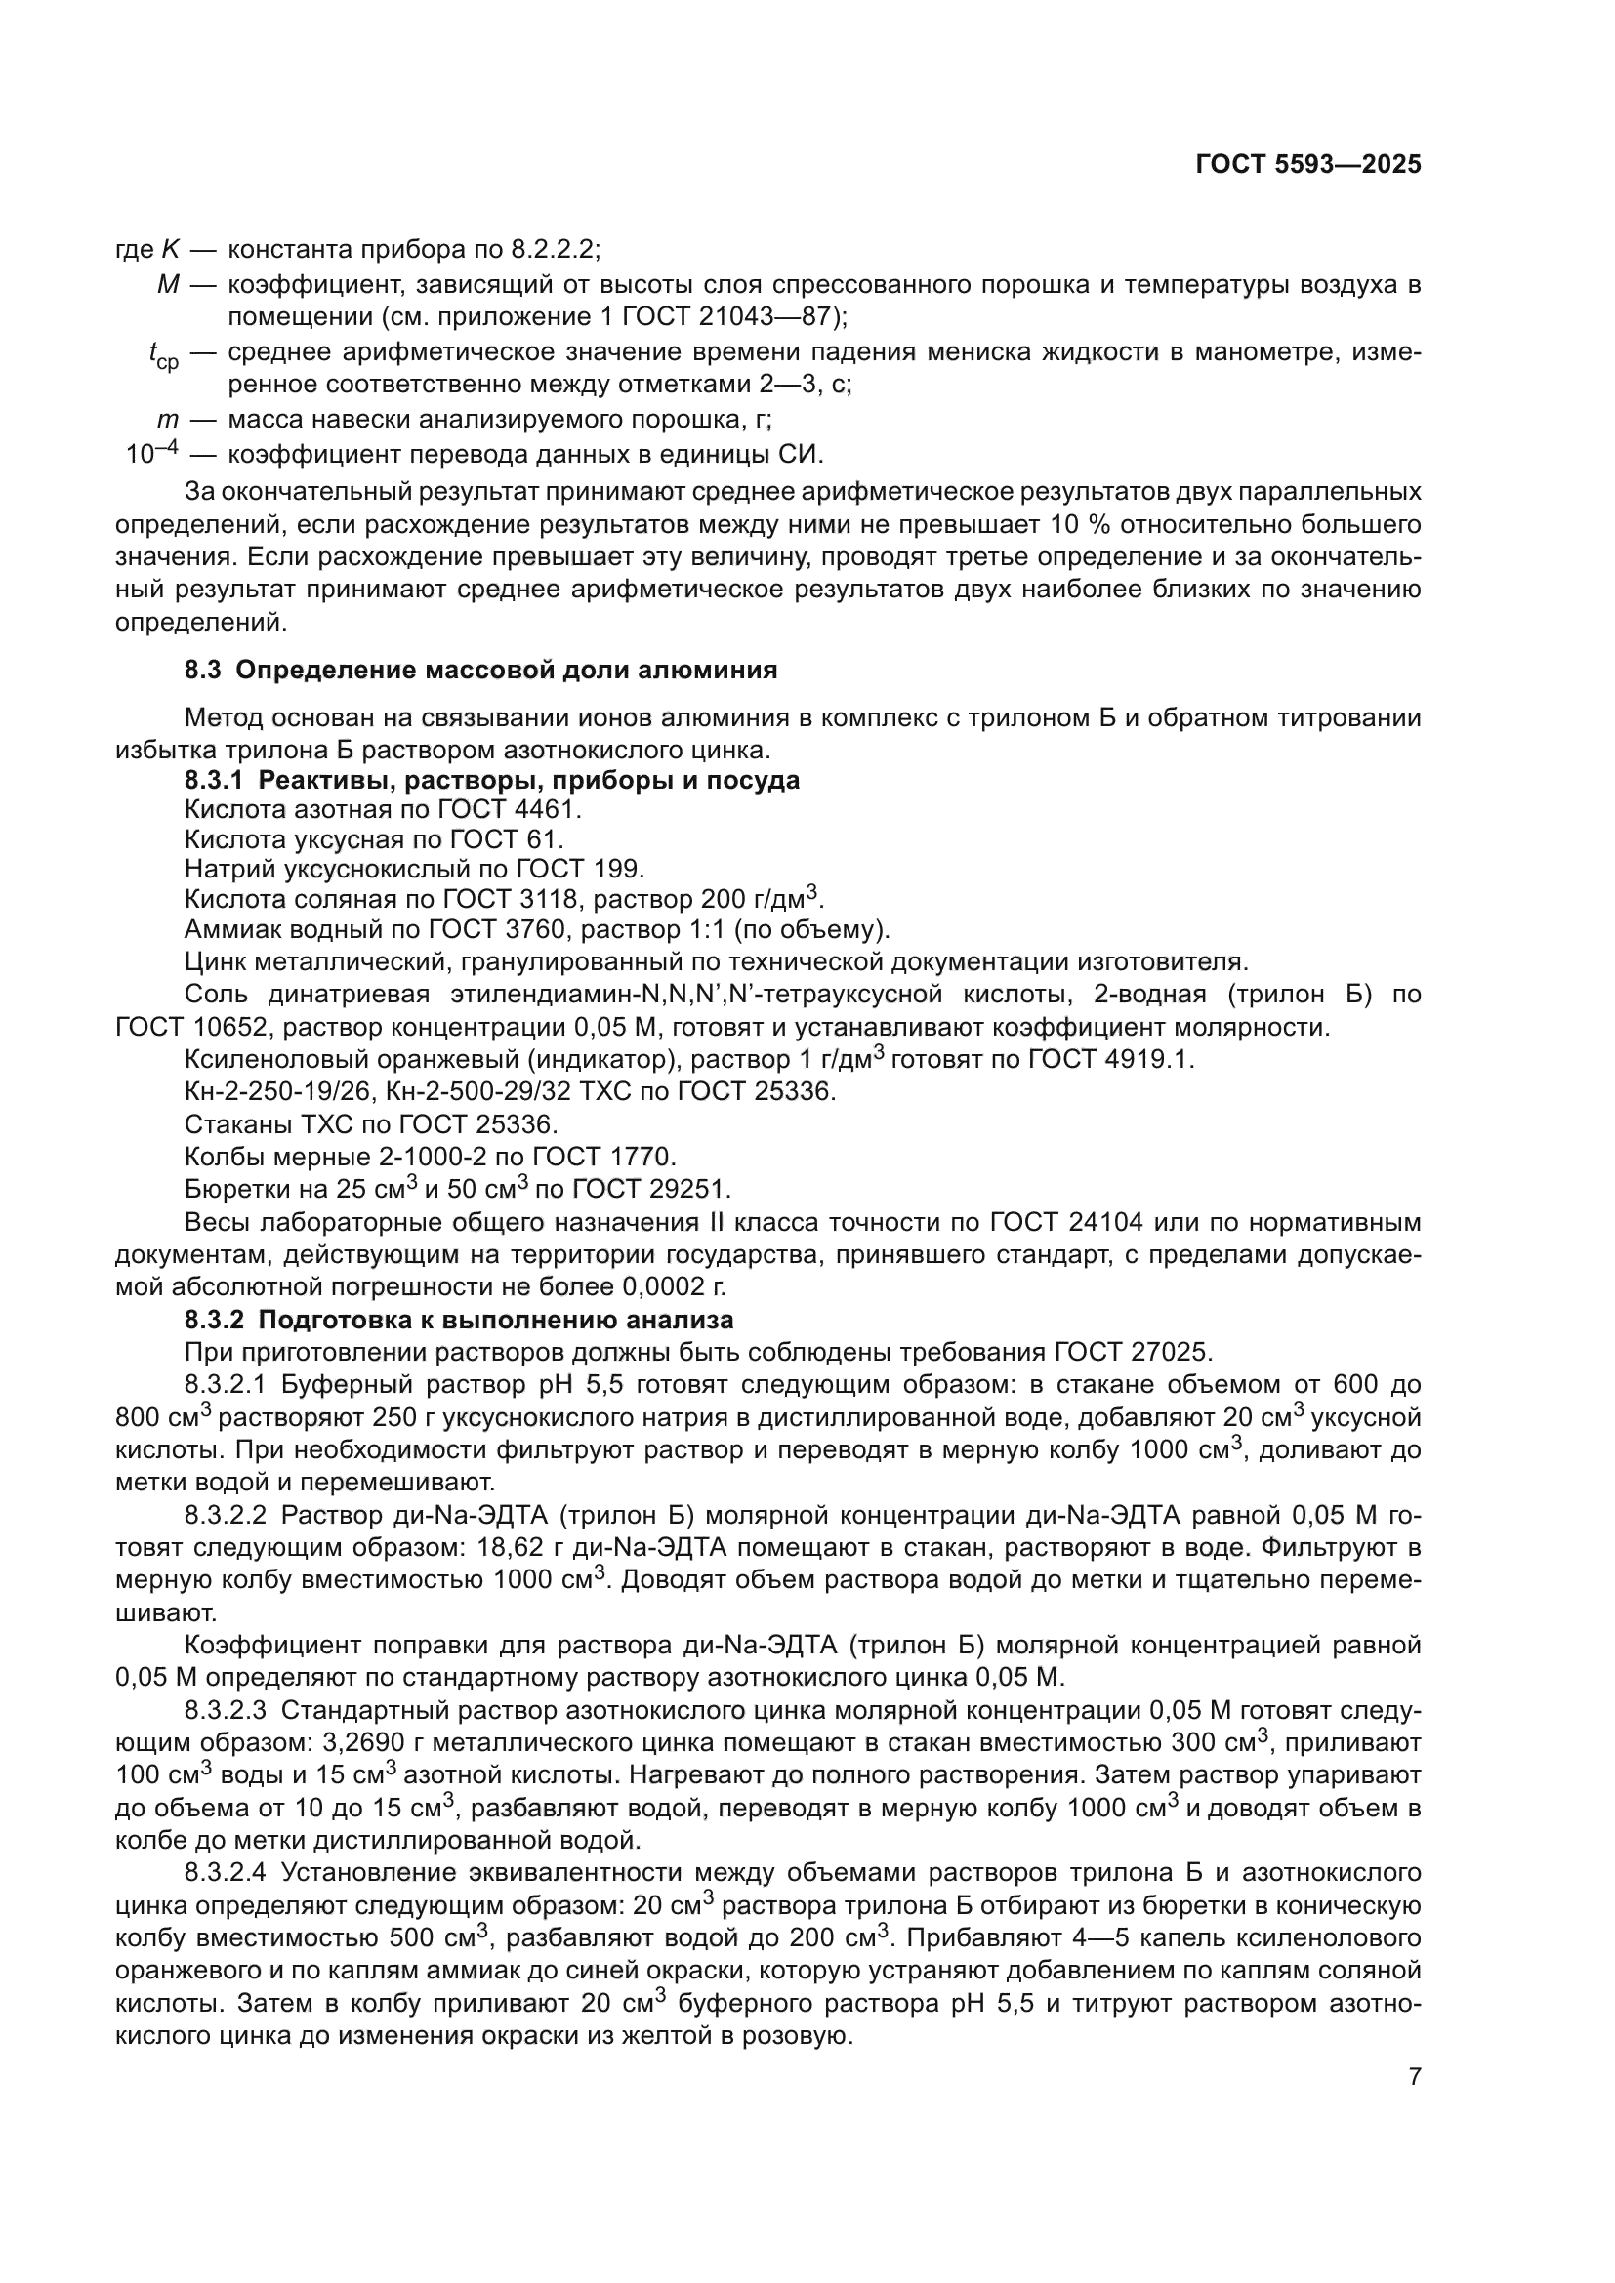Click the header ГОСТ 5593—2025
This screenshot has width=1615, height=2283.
click(x=1307, y=165)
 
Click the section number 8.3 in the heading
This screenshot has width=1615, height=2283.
click(x=202, y=671)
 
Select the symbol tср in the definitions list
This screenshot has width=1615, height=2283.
click(x=163, y=355)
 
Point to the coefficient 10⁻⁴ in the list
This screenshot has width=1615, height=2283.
click(x=151, y=454)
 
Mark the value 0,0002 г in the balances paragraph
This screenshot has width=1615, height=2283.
click(x=672, y=1287)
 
